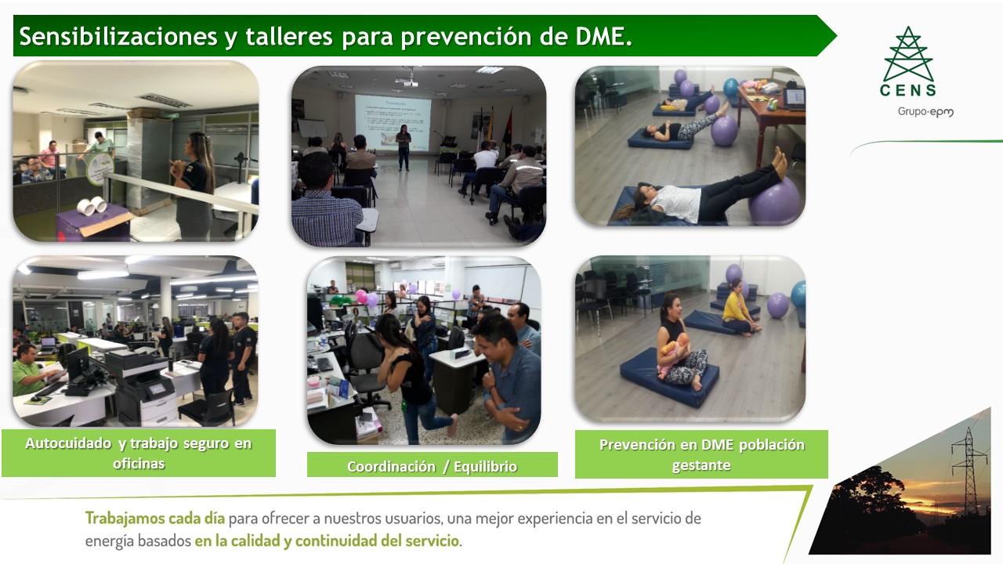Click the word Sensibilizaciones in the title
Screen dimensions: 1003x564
tap(118, 36)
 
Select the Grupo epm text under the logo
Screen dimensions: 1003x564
tap(925, 112)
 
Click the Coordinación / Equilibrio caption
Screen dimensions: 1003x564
tap(432, 466)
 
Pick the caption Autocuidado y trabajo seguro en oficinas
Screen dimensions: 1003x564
tap(139, 453)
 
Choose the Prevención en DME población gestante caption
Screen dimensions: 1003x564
tap(701, 454)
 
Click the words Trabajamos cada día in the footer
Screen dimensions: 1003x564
tap(155, 518)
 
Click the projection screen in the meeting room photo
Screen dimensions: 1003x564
tap(393, 122)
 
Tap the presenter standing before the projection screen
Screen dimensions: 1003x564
tap(404, 147)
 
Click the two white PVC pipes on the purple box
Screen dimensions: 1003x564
tap(92, 205)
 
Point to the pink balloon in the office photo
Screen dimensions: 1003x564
tap(361, 296)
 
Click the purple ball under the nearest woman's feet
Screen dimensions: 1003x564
tap(775, 201)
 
